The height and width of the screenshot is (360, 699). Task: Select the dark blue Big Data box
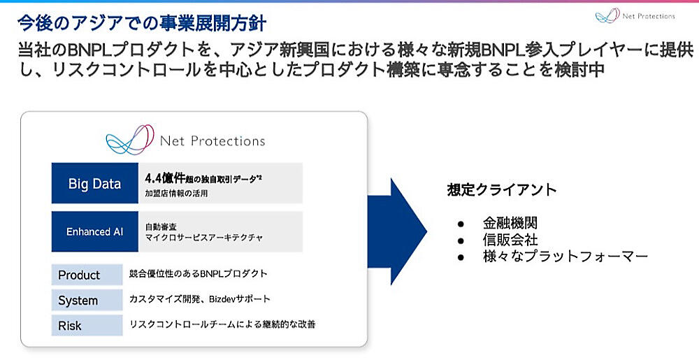pos(94,184)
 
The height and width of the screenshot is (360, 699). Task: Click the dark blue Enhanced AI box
pos(94,231)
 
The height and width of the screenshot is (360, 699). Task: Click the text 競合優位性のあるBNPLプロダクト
pos(198,273)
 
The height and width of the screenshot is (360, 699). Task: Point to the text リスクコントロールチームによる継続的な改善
pos(226,324)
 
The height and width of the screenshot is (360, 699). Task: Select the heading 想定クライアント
pos(502,189)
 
